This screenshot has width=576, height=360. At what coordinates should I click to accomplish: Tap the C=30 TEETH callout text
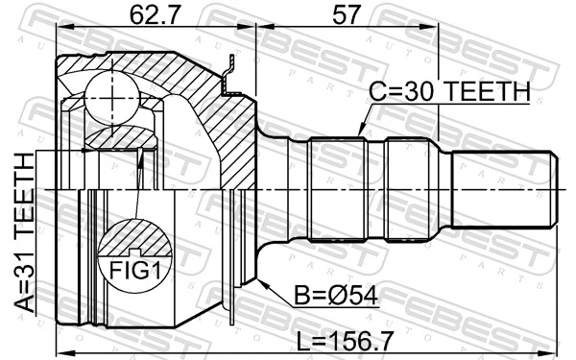[449, 92]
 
